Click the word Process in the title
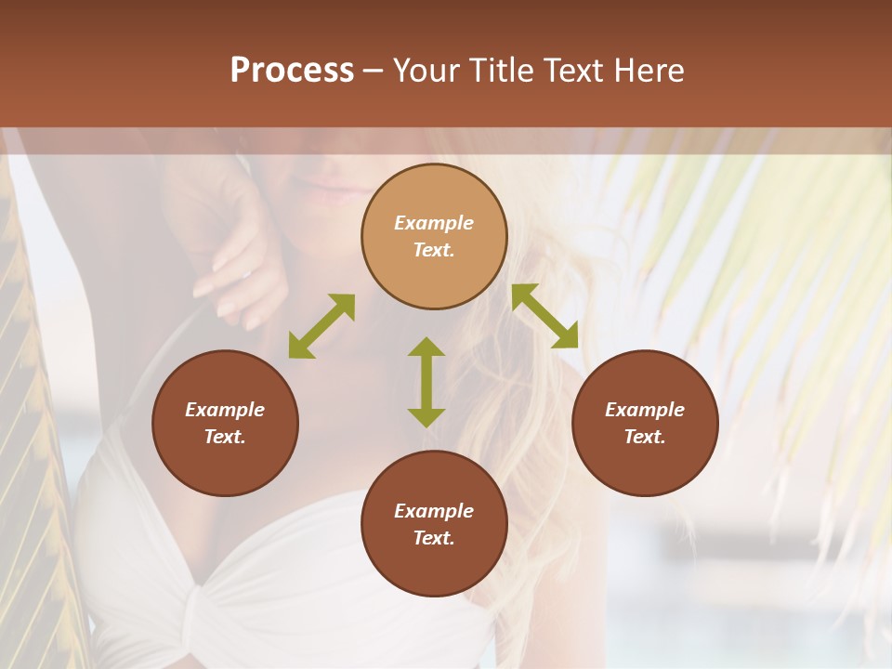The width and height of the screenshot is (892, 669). pos(292,71)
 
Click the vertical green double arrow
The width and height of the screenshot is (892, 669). pos(426,382)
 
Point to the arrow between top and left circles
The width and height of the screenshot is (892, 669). pos(321,326)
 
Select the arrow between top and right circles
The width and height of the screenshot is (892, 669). pos(544,316)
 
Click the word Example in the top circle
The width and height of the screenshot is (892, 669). pos(434,223)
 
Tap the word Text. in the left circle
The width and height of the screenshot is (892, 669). pos(225,437)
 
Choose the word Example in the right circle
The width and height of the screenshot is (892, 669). pos(645,410)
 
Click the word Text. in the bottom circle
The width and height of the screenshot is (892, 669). pos(434,538)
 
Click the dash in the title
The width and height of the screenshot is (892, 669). pos(374,71)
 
